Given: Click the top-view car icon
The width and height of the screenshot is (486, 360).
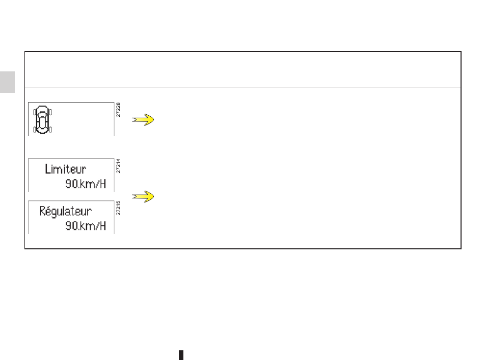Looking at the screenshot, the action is [x=42, y=120].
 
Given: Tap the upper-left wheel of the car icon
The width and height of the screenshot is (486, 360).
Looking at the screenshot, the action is [x=35, y=112].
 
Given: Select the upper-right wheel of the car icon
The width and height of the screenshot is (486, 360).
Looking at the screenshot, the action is [x=50, y=112].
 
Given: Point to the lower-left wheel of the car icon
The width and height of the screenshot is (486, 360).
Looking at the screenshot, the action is [x=35, y=130].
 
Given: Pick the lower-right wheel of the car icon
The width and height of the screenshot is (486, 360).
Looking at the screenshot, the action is [x=50, y=130].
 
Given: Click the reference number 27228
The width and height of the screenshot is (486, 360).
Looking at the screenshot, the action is [x=118, y=110].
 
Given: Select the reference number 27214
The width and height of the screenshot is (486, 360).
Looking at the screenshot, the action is [x=118, y=166].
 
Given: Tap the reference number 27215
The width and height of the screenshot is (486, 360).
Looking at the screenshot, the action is [x=118, y=208].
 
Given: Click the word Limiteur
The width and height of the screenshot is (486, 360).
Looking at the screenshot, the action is [x=65, y=169].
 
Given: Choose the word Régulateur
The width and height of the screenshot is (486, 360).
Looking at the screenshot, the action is [x=65, y=211].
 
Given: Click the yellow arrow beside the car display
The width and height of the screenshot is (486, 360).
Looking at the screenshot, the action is [x=143, y=120].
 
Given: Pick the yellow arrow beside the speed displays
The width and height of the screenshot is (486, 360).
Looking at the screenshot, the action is [x=143, y=196].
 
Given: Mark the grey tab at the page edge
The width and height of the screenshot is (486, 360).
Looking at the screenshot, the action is [x=8, y=82].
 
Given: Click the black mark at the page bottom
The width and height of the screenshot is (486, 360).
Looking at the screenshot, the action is [x=181, y=355].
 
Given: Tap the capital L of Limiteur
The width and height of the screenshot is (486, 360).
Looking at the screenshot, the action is [x=47, y=169].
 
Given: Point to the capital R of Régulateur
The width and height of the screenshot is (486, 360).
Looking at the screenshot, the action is [x=43, y=211].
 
